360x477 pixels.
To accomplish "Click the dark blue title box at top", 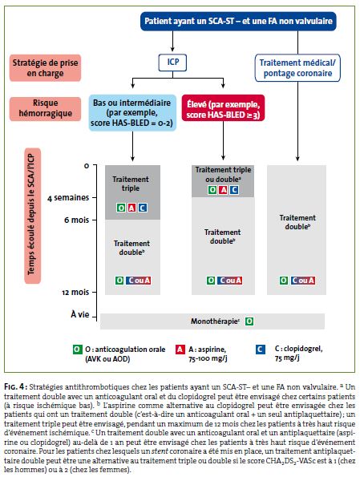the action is pyautogui.click(x=238, y=21).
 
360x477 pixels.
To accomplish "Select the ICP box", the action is pyautogui.click(x=172, y=63).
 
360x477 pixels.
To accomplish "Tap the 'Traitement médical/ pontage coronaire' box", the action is pyautogui.click(x=297, y=68).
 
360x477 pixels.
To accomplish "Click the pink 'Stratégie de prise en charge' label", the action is pyautogui.click(x=45, y=68).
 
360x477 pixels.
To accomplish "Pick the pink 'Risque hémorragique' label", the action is pyautogui.click(x=45, y=108).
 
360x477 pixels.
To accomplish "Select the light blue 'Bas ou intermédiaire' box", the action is pyautogui.click(x=132, y=112).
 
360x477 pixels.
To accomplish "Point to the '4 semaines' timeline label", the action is pyautogui.click(x=68, y=198).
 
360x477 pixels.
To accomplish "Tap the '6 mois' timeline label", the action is pyautogui.click(x=77, y=220).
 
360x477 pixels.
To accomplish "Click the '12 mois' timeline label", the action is pyautogui.click(x=75, y=292).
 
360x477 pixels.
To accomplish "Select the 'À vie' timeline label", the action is pyautogui.click(x=79, y=314).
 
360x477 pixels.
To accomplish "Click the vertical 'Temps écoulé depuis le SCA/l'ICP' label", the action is pyautogui.click(x=32, y=216).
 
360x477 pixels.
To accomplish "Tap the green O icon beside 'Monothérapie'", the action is pyautogui.click(x=249, y=321).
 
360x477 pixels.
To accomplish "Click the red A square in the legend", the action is pyautogui.click(x=180, y=350).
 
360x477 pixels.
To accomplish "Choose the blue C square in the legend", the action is pyautogui.click(x=261, y=350).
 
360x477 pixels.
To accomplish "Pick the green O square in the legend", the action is pyautogui.click(x=77, y=350).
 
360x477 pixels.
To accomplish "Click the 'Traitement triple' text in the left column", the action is pyautogui.click(x=131, y=184).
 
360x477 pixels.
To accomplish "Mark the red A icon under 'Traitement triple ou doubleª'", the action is pyautogui.click(x=224, y=190).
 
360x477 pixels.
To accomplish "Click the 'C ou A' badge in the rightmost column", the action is pyautogui.click(x=303, y=281).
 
